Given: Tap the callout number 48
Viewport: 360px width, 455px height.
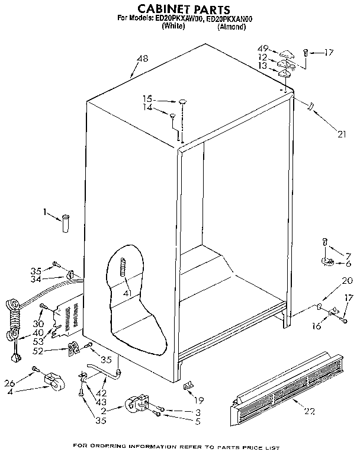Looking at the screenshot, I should [142, 58].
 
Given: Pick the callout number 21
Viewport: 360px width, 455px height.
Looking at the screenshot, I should [340, 134].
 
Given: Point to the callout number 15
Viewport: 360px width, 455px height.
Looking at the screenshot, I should [147, 98].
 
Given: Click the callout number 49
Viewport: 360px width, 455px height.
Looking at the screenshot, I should [263, 48].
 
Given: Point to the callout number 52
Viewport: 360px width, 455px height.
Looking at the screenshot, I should [56, 351].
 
